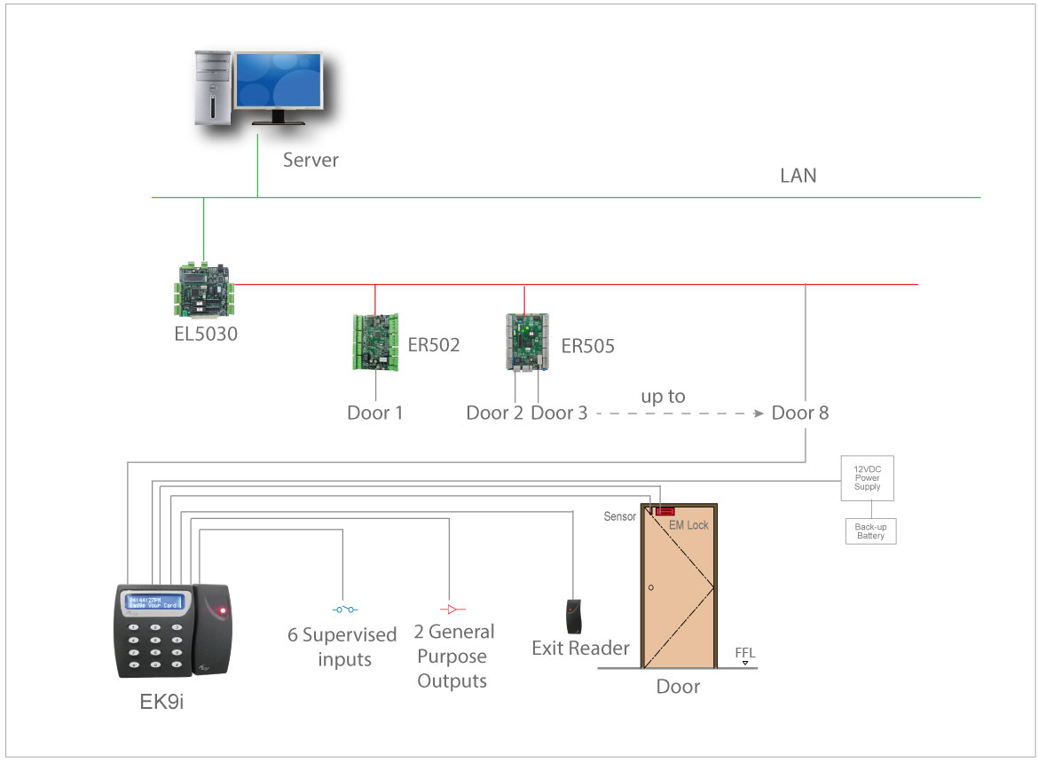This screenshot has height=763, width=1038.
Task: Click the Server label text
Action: (311, 161)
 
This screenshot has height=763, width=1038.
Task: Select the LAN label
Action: (798, 176)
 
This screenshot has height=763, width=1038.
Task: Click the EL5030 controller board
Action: (203, 290)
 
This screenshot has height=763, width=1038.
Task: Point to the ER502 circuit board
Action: (375, 342)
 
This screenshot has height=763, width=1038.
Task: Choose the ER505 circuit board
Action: (527, 342)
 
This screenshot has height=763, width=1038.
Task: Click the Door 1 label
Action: (374, 413)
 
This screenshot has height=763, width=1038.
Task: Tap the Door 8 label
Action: (799, 413)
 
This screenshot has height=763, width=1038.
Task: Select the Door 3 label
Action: (559, 413)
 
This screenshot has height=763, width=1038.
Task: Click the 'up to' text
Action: (663, 397)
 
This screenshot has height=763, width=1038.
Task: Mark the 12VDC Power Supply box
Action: (867, 479)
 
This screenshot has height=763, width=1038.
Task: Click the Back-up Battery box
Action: (870, 531)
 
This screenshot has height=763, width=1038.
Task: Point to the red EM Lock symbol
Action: (664, 512)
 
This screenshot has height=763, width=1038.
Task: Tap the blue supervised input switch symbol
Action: (344, 610)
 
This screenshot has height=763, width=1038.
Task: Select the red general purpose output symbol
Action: (452, 610)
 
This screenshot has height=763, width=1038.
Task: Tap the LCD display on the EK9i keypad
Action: (153, 602)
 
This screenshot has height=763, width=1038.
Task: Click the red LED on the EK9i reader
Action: (222, 611)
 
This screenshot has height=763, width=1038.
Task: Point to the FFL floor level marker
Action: (745, 657)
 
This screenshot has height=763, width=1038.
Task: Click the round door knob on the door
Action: (651, 587)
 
